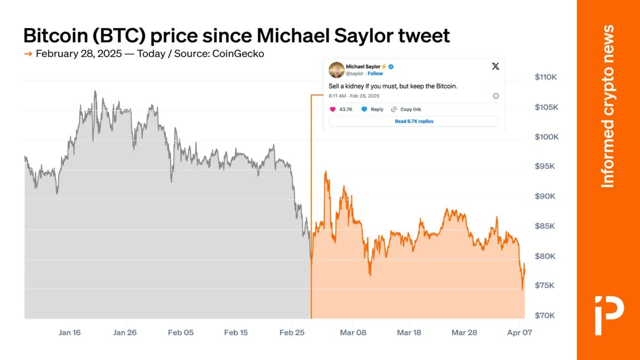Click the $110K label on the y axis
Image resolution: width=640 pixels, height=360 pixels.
tap(546, 77)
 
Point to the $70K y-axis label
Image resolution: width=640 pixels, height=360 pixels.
tap(546, 315)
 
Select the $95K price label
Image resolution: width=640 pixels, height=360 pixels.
tap(546, 166)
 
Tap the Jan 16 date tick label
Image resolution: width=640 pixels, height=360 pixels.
tap(70, 332)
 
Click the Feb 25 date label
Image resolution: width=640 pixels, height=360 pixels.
tap(292, 332)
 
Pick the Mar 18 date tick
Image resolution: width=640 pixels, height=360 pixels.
tap(409, 332)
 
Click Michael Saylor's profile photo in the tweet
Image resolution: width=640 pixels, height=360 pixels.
tap(336, 70)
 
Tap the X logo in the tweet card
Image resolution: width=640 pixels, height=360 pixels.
tap(495, 66)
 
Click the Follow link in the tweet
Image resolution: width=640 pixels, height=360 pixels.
tap(375, 74)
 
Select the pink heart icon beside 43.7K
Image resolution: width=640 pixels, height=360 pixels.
tap(333, 109)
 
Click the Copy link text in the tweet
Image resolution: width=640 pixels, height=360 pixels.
tap(411, 109)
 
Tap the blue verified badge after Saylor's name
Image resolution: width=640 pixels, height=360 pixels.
tap(390, 66)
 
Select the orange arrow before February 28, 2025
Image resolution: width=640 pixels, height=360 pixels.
tap(28, 54)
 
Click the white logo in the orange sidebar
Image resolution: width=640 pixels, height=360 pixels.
tap(609, 307)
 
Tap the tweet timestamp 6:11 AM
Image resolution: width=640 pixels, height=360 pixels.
tap(337, 96)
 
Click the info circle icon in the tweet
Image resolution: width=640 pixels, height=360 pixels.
tap(495, 96)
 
